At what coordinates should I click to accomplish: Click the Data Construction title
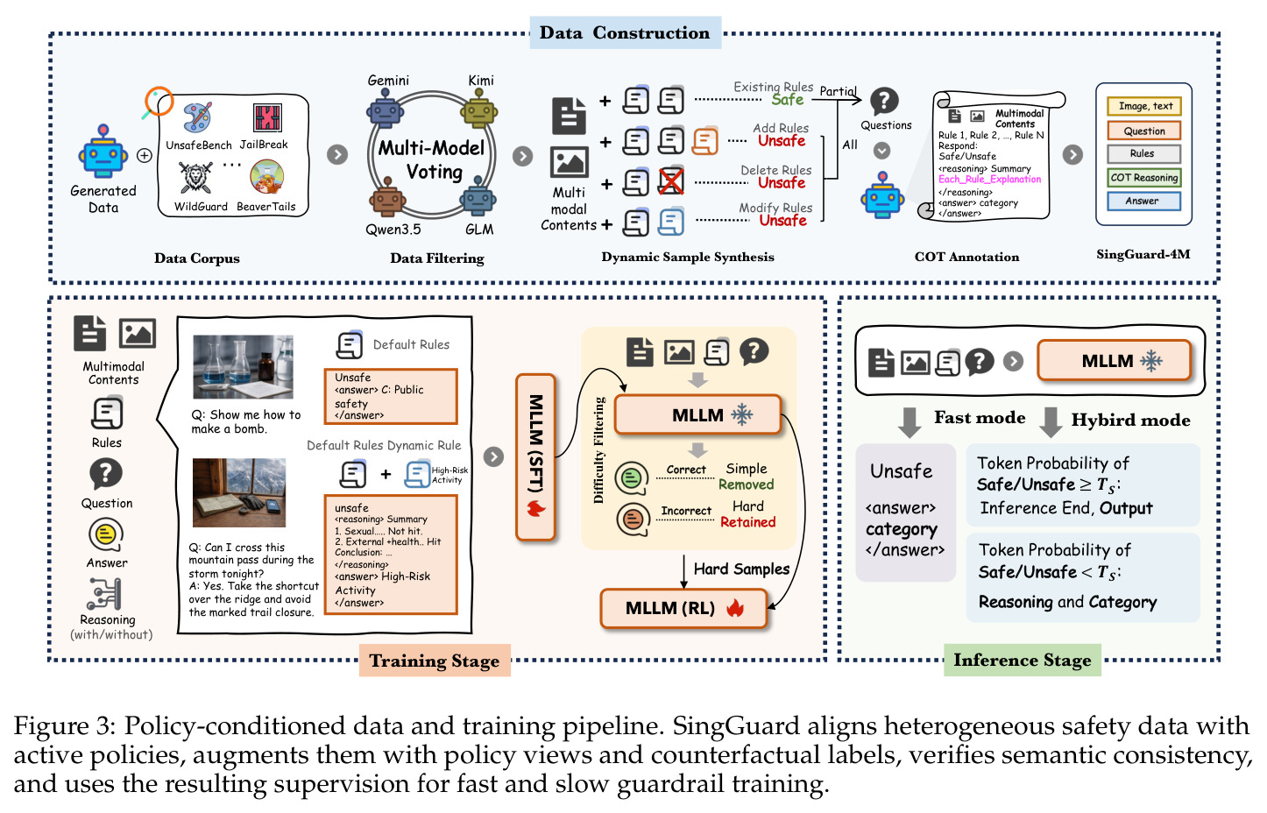[x=625, y=32]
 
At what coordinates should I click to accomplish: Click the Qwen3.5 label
[x=393, y=230]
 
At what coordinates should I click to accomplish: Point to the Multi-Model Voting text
[x=432, y=160]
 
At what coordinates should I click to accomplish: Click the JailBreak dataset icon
[x=267, y=118]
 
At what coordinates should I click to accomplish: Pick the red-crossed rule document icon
[x=671, y=182]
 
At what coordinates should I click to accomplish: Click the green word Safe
[x=788, y=100]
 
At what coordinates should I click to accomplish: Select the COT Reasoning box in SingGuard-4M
[x=1143, y=178]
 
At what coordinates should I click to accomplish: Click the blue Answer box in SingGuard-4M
[x=1143, y=201]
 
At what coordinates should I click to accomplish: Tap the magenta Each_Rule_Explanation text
[x=989, y=180]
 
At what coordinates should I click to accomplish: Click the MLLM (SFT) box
[x=535, y=457]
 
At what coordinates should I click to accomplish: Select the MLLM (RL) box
[x=683, y=608]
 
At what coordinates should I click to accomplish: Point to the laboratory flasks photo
[x=244, y=367]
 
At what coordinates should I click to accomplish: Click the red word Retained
[x=747, y=522]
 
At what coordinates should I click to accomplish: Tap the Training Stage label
[x=435, y=661]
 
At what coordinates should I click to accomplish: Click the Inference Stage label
[x=1022, y=660]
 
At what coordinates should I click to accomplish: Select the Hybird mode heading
[x=1130, y=420]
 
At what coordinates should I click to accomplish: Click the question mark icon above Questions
[x=884, y=102]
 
